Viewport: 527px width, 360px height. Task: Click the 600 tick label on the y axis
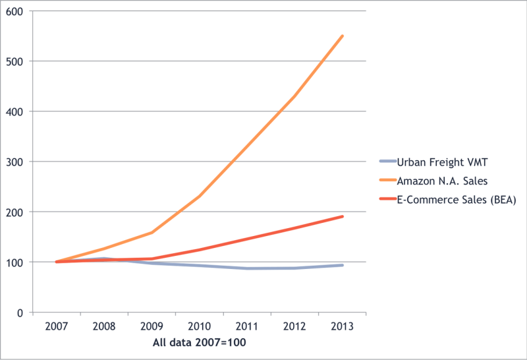click(x=14, y=11)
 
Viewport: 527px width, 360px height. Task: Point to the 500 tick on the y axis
click(x=14, y=61)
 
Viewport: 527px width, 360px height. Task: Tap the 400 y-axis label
click(x=14, y=111)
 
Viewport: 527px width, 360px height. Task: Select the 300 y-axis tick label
click(x=14, y=162)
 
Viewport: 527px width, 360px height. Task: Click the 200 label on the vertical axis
click(x=14, y=212)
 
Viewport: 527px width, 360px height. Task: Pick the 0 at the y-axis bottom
click(x=20, y=313)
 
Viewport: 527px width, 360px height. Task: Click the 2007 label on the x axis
click(x=56, y=326)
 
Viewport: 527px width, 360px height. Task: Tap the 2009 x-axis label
click(x=152, y=326)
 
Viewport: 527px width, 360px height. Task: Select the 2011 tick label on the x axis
click(x=247, y=326)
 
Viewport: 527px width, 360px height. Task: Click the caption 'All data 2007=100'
click(x=200, y=344)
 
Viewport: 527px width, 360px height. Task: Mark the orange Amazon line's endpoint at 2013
click(x=343, y=36)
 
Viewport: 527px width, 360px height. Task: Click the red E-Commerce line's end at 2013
click(x=343, y=216)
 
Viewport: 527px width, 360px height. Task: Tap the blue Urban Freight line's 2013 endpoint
click(x=343, y=265)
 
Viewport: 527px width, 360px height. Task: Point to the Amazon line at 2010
click(x=200, y=196)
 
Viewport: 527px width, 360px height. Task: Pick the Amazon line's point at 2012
click(x=294, y=96)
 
